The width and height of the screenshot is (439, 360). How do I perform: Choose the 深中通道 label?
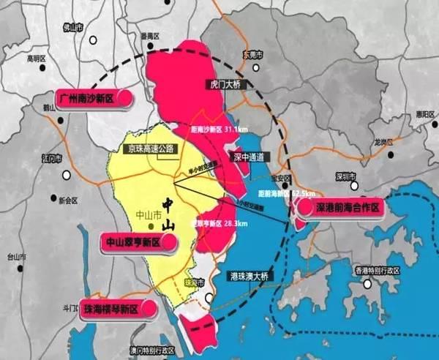click(x=246, y=157)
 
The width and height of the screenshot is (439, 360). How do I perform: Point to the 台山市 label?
click(x=16, y=258)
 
